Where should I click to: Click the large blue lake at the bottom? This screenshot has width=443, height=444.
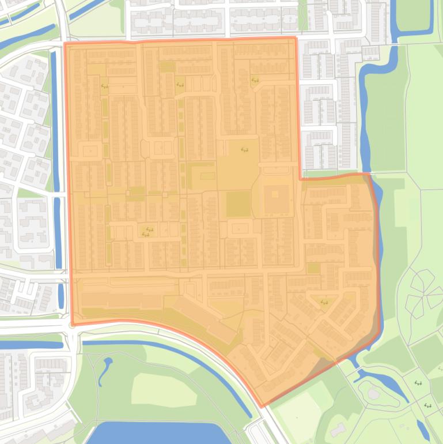[x=156, y=434]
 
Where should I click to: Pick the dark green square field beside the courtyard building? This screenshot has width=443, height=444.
[x=238, y=204]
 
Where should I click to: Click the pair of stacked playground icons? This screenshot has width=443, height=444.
[x=146, y=232]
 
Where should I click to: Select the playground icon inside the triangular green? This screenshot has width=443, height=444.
[x=324, y=302]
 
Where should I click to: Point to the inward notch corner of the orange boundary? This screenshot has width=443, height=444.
[x=300, y=178]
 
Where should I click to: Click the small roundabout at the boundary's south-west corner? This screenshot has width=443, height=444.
[x=72, y=325]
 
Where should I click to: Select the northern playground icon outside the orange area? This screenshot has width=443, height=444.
[x=418, y=383]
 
